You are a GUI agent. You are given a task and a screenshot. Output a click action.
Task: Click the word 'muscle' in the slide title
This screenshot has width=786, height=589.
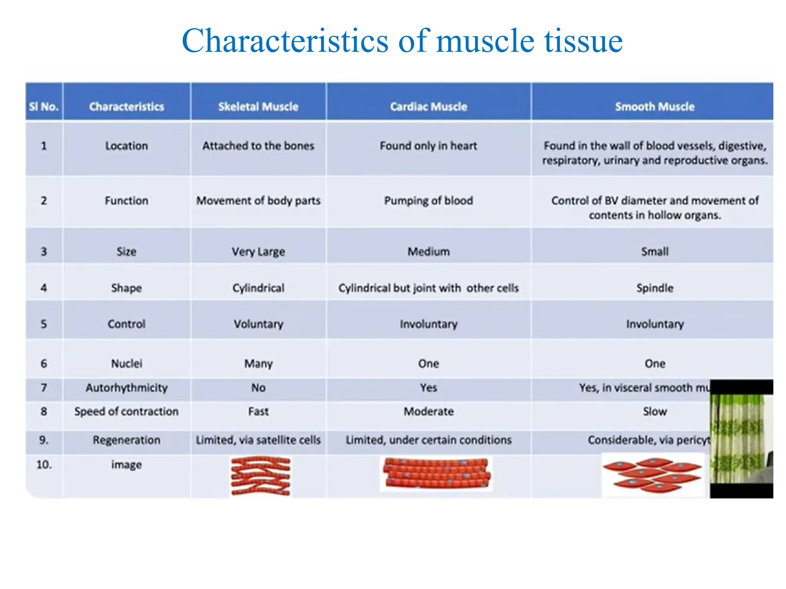pos(485,41)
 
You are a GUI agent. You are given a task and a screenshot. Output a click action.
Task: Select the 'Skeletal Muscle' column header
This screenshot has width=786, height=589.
pos(258,107)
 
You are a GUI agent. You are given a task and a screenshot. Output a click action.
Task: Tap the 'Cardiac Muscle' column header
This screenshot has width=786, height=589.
pos(428,107)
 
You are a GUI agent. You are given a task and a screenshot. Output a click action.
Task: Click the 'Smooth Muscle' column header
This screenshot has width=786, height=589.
pos(655,107)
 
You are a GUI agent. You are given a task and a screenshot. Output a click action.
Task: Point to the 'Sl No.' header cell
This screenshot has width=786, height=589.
pos(44,107)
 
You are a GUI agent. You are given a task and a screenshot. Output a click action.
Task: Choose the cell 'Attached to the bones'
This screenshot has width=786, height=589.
pos(258,146)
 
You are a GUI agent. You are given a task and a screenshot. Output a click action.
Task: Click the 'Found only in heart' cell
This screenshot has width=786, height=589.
pos(428,146)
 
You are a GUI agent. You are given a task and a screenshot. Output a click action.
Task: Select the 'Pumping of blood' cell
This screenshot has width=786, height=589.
pos(428,201)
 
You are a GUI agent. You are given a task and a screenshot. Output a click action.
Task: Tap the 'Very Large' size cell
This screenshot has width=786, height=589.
pos(258,252)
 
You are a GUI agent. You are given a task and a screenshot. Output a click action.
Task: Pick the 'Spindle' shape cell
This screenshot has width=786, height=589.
pos(655,288)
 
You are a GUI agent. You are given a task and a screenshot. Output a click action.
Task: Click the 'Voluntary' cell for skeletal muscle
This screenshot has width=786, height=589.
pos(258,324)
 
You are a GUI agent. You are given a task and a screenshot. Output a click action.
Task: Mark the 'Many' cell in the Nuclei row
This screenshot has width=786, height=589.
pos(258,364)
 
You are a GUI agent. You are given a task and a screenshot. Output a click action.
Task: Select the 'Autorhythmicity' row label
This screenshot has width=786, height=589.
pos(127,388)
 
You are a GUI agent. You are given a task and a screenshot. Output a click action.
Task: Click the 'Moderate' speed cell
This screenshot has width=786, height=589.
pos(428,411)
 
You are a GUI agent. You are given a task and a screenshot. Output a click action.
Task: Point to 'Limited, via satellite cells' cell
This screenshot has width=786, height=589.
pos(258,440)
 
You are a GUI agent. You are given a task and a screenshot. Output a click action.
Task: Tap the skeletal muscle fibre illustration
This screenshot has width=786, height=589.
pos(261,476)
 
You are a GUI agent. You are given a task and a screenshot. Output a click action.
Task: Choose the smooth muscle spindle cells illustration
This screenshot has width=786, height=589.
pos(652,475)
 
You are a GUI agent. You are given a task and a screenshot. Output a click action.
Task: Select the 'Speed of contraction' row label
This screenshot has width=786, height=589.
pos(127,411)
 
